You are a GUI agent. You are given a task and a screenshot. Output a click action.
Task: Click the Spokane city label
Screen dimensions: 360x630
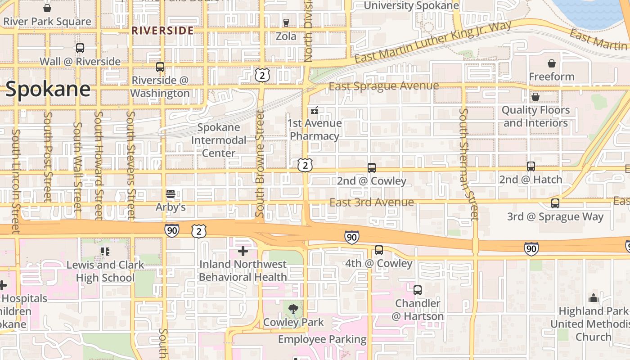coord(48,89)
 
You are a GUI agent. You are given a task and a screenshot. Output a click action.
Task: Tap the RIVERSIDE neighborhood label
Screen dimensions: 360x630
coord(162,31)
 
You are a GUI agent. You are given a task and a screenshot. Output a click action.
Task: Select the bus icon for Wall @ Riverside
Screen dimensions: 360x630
coord(80,48)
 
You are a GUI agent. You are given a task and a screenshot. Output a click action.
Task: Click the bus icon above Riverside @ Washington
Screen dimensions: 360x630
coord(160,67)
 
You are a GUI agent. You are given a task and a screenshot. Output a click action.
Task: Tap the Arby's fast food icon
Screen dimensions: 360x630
coord(170,194)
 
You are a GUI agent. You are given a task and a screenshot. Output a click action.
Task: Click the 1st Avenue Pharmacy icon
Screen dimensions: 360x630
coord(315,110)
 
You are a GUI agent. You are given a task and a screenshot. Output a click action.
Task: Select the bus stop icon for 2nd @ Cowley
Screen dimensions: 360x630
coord(372,168)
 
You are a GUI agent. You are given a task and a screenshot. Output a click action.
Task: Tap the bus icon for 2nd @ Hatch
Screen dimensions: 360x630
coord(531,166)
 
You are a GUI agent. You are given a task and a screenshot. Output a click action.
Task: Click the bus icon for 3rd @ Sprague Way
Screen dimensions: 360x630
coord(555,203)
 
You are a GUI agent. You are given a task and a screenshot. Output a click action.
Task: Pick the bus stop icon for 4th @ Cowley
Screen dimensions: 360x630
coord(379,250)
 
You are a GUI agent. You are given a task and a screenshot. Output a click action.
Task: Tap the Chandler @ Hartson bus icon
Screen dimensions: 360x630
coord(418,290)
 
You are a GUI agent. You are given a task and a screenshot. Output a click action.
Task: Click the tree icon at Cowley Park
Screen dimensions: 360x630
coord(293,309)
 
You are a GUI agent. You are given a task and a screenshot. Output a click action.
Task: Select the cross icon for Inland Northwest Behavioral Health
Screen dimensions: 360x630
coord(243,251)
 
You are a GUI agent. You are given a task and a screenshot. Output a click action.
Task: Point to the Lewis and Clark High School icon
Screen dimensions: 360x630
coord(105,252)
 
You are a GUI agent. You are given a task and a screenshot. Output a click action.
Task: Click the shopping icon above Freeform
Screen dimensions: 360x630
coord(552,63)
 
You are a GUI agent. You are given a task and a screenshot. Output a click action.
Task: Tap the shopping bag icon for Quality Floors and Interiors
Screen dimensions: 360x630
coord(535,97)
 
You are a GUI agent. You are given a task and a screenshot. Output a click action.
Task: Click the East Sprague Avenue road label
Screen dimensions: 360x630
coord(383,86)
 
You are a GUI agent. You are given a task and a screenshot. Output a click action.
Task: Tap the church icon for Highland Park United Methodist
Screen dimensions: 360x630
coord(594,298)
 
